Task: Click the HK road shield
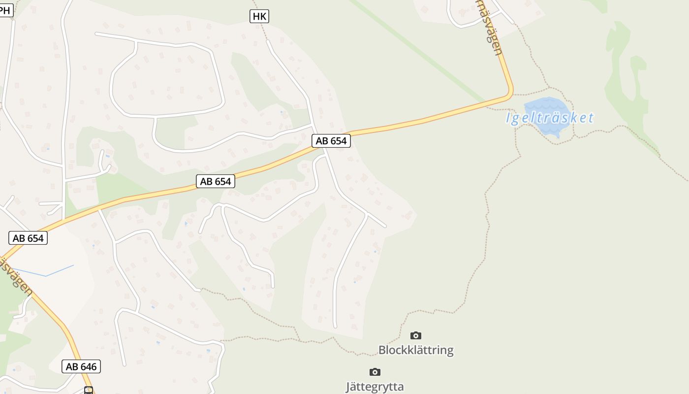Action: [x=259, y=16]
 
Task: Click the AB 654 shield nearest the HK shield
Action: [x=331, y=141]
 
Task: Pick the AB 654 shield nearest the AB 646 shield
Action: [x=28, y=238]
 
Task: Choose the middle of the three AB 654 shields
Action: [x=216, y=181]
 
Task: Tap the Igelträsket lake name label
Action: [x=550, y=118]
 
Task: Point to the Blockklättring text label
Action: [x=416, y=350]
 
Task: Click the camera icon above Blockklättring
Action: [x=416, y=335]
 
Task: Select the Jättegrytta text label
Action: [x=375, y=387]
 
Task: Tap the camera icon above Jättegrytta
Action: [x=375, y=372]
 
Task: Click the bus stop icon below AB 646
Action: [x=89, y=391]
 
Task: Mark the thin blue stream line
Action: [x=47, y=273]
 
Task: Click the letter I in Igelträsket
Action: [x=509, y=118]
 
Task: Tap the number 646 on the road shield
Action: [x=89, y=366]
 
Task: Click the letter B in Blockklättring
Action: [x=382, y=350]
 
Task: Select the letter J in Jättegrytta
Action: [x=348, y=387]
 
